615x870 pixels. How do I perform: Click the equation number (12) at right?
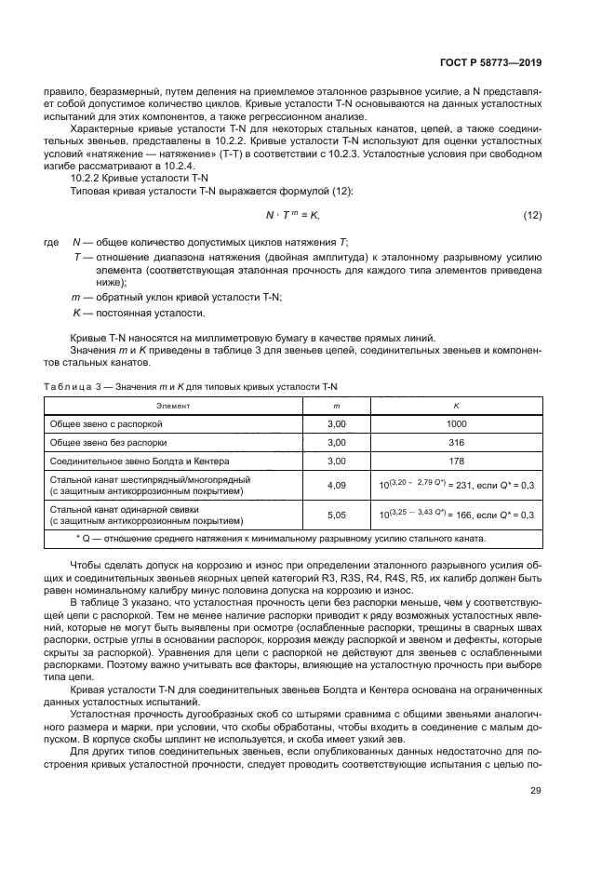pos(532,216)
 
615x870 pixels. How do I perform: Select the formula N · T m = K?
pos(292,216)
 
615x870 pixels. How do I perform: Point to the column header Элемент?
pos(172,406)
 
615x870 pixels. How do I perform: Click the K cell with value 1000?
pos(456,422)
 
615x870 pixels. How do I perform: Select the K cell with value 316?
pos(456,442)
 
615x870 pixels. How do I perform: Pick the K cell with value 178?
pos(456,461)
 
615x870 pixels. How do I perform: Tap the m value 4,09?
pos(337,485)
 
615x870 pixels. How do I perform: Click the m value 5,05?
pos(337,515)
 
